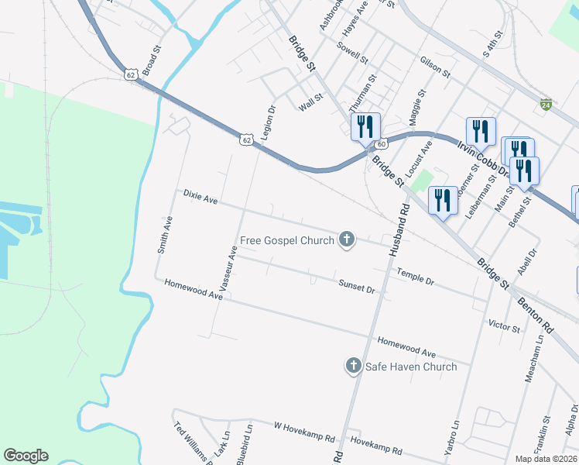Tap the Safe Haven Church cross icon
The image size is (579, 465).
click(353, 365)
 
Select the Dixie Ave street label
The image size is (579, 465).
click(200, 198)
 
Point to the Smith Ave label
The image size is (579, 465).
click(165, 235)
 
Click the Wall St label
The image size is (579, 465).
click(310, 102)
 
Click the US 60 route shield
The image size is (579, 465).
click(381, 144)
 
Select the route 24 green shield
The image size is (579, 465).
click(546, 104)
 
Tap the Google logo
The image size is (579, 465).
click(26, 456)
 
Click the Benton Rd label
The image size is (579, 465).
click(536, 310)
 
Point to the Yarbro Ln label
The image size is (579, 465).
click(455, 438)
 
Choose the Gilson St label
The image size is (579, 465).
click(435, 67)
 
